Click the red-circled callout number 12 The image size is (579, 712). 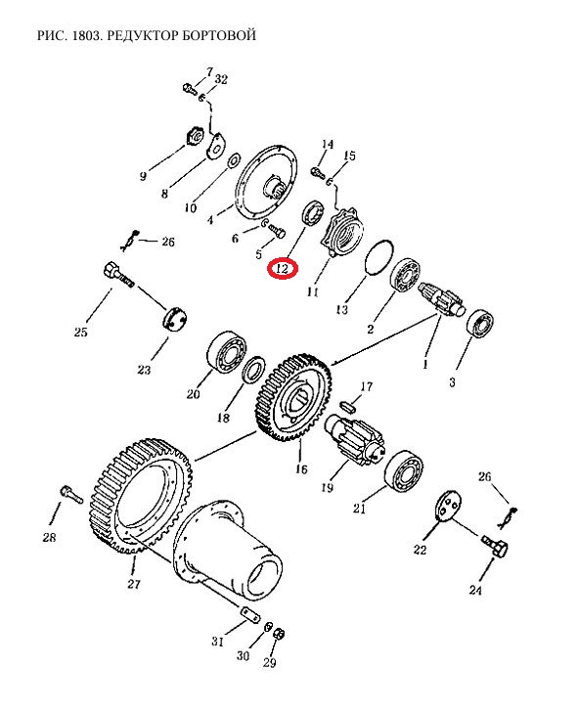click(x=282, y=269)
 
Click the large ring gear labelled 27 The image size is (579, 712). click(x=140, y=495)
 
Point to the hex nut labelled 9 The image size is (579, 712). click(x=195, y=135)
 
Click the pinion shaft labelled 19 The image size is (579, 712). click(x=355, y=439)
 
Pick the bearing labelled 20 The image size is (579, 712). click(x=227, y=353)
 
